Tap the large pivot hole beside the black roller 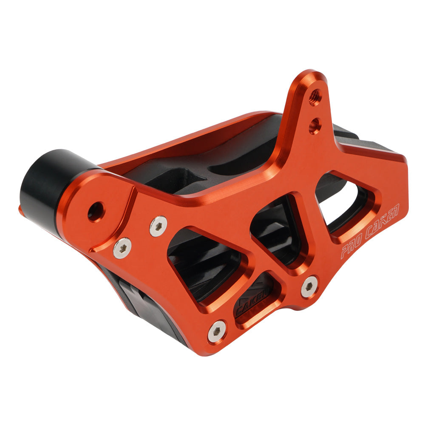[x=96, y=211]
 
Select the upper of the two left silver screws [x=158, y=226]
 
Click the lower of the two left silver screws [x=122, y=248]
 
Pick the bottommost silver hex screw [x=217, y=331]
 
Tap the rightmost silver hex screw [x=309, y=286]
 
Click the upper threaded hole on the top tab [x=314, y=97]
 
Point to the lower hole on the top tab [x=315, y=126]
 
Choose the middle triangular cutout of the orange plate [x=278, y=227]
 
